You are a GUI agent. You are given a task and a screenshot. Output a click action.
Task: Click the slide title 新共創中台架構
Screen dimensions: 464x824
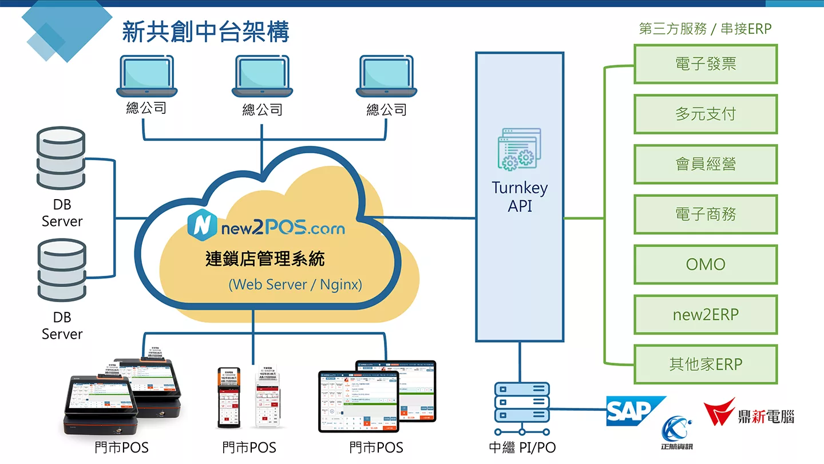[x=205, y=31]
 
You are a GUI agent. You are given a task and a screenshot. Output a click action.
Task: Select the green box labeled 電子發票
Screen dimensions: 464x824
[x=706, y=64]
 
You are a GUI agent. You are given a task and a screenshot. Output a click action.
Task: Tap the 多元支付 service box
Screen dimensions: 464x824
[x=706, y=114]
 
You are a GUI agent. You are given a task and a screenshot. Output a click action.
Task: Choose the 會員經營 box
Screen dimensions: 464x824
[x=706, y=164]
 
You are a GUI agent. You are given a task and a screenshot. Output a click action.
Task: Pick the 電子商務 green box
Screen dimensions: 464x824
[x=706, y=215]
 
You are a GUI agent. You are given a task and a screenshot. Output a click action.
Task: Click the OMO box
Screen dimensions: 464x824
[x=706, y=264]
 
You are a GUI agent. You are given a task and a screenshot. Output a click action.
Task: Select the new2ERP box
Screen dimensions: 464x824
[x=706, y=315]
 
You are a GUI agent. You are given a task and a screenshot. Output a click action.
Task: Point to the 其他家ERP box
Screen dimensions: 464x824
[x=706, y=364]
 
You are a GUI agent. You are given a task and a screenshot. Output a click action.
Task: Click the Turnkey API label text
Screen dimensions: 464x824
[x=520, y=196]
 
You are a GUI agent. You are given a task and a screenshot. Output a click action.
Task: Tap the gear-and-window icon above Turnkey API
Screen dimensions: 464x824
[x=519, y=149]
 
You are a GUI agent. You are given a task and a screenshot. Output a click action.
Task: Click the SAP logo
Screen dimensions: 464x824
[x=632, y=411]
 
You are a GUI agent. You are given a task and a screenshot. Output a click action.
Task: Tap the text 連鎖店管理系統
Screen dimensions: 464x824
[x=265, y=259]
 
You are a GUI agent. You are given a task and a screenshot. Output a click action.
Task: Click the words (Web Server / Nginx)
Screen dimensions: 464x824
[x=295, y=284]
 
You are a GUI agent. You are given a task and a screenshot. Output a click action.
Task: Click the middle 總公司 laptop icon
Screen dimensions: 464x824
[x=262, y=77]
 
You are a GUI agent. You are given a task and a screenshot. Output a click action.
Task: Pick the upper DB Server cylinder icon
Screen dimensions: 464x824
[x=61, y=158]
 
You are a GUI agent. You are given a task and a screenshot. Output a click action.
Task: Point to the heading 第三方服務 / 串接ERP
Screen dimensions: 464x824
[x=705, y=29]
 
